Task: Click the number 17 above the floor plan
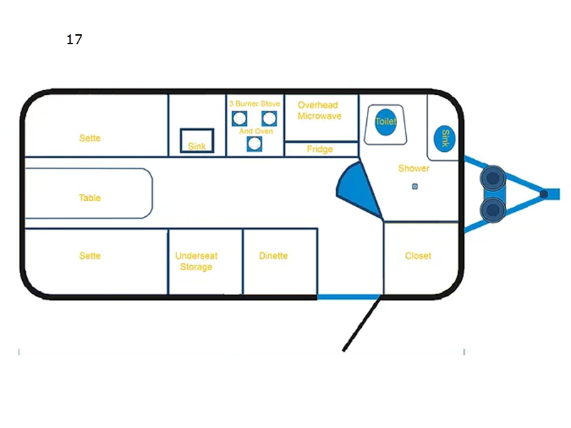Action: pos(74,40)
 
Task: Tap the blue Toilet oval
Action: pos(385,122)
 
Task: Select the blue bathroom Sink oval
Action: pos(445,138)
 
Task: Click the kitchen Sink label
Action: pos(196,146)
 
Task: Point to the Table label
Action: pos(90,198)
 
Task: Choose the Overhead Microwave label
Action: pos(319,111)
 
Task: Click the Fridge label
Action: pos(320,149)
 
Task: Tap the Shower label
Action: pos(414,168)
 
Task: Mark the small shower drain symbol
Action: pos(414,187)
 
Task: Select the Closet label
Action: pos(418,255)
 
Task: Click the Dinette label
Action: pos(273,255)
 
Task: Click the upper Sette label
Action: pos(90,138)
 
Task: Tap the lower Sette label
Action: pos(90,255)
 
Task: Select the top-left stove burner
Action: pos(240,118)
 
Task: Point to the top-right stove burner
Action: pos(269,118)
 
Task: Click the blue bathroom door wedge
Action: pos(354,187)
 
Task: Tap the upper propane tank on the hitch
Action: pos(492,178)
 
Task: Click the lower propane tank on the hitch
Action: pos(492,209)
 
